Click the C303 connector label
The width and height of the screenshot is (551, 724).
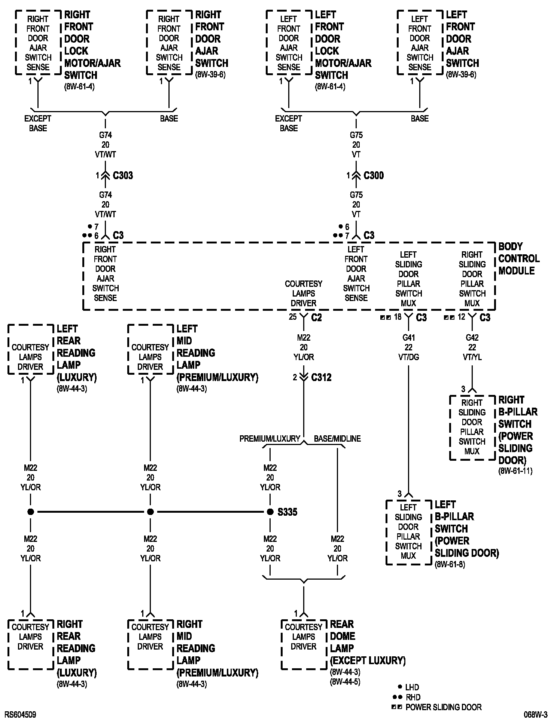click(122, 175)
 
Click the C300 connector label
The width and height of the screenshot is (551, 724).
click(373, 175)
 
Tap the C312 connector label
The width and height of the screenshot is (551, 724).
click(321, 377)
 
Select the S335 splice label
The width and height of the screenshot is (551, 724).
click(287, 512)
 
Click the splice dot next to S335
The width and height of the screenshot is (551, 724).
click(270, 512)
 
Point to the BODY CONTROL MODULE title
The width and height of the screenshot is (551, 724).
click(519, 258)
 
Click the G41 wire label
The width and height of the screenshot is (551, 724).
click(408, 338)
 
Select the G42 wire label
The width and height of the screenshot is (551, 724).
click(472, 338)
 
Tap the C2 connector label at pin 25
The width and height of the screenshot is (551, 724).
click(316, 317)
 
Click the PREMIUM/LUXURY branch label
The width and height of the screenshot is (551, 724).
click(270, 439)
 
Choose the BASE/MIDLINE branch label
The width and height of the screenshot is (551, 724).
click(337, 439)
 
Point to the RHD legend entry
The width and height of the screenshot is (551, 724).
click(413, 697)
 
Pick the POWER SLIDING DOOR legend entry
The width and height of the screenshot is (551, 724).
click(443, 707)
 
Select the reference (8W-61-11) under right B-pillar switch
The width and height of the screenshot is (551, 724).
click(515, 471)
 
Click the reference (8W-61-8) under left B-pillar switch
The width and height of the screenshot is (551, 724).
click(450, 564)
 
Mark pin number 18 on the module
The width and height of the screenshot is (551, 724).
click(398, 317)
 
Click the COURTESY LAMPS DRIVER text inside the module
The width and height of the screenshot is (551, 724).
click(303, 294)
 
